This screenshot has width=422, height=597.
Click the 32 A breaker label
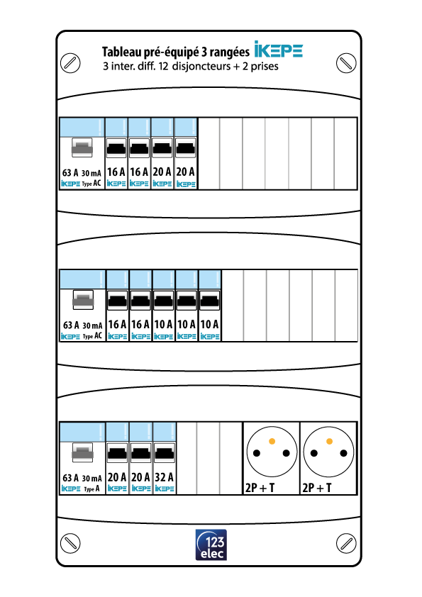pos(164,476)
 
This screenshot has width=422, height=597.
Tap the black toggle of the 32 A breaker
pos(164,453)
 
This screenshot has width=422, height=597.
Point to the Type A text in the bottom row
pos(91,489)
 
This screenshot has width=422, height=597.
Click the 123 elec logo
pos(211,545)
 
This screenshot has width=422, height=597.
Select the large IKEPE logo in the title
pos(279,50)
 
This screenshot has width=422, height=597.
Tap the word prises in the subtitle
pos(265,67)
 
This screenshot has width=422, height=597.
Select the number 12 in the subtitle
pos(163,66)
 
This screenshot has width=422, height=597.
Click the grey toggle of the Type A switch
pos(83,452)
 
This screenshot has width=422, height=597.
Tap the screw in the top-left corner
pos(70,62)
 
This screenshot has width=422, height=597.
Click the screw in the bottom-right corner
pos(346,543)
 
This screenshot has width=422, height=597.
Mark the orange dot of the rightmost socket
pos(329,441)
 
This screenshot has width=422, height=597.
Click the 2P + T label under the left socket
pos(260,488)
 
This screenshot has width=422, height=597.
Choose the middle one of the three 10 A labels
pos(187,325)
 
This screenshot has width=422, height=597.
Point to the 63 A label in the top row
pos(70,173)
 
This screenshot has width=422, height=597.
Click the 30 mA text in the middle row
pos(92,325)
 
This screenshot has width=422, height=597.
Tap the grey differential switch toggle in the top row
pos(82,147)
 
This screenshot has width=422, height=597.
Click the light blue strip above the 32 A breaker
pos(165,432)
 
